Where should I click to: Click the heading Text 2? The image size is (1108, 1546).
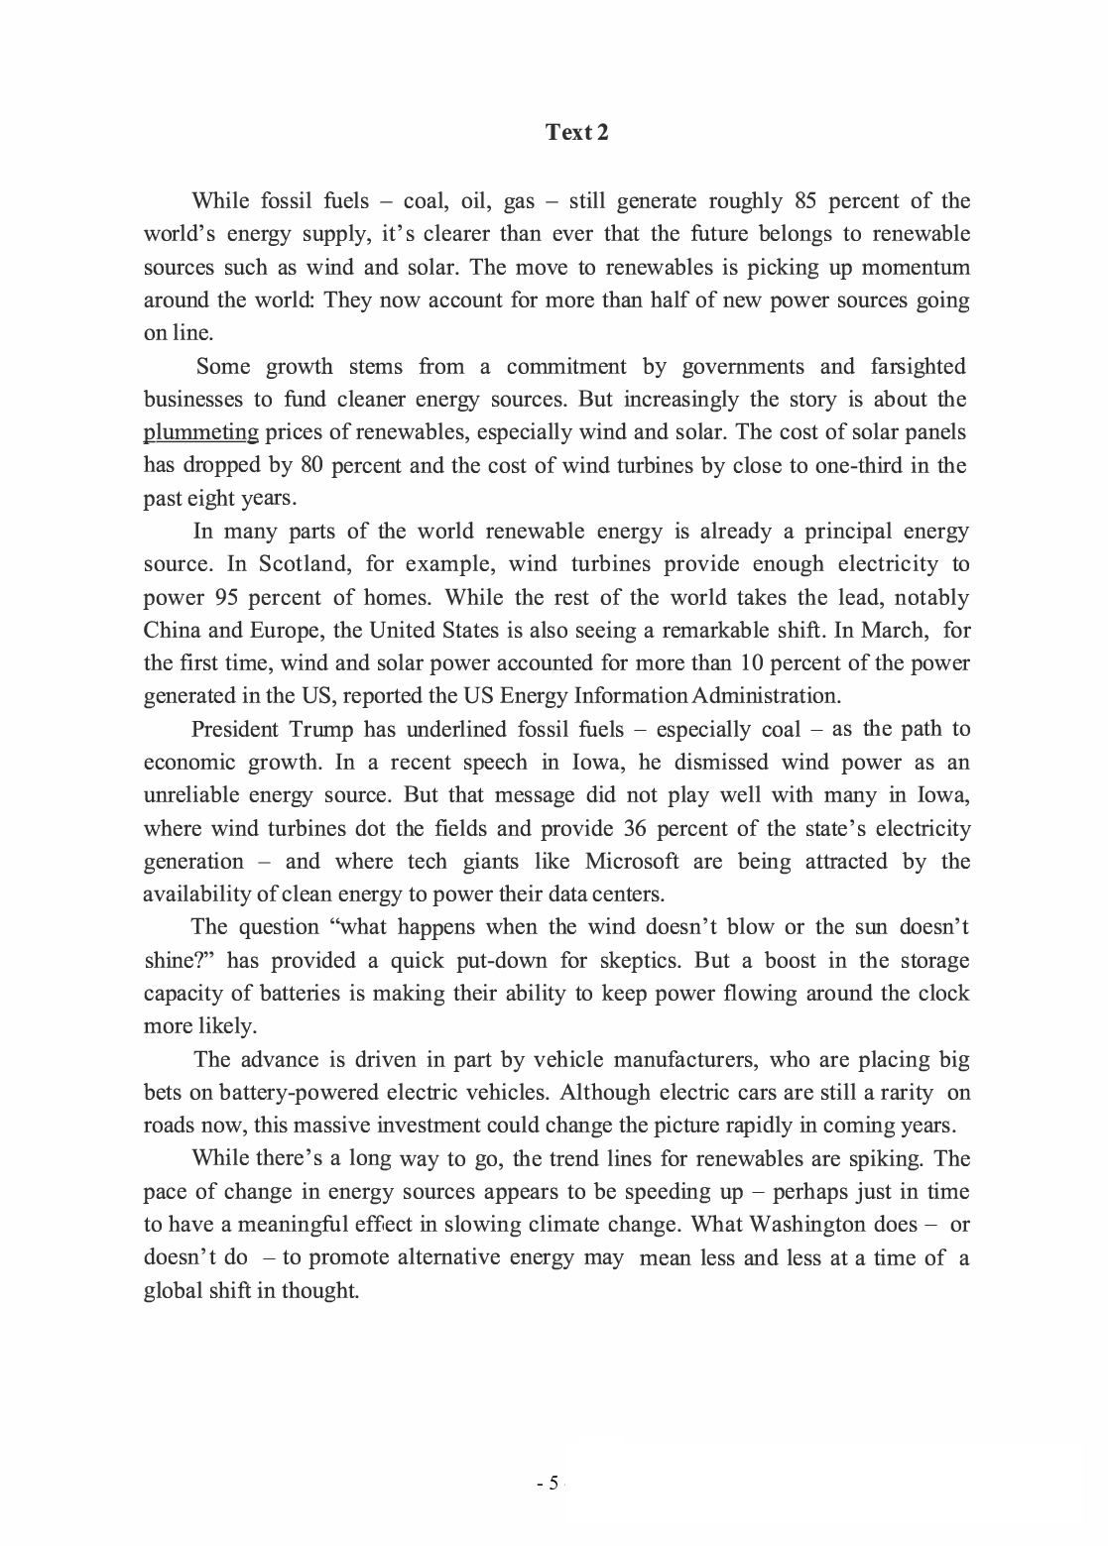pos(576,132)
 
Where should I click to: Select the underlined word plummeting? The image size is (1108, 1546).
pos(201,432)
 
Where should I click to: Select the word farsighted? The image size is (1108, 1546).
pos(917,367)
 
